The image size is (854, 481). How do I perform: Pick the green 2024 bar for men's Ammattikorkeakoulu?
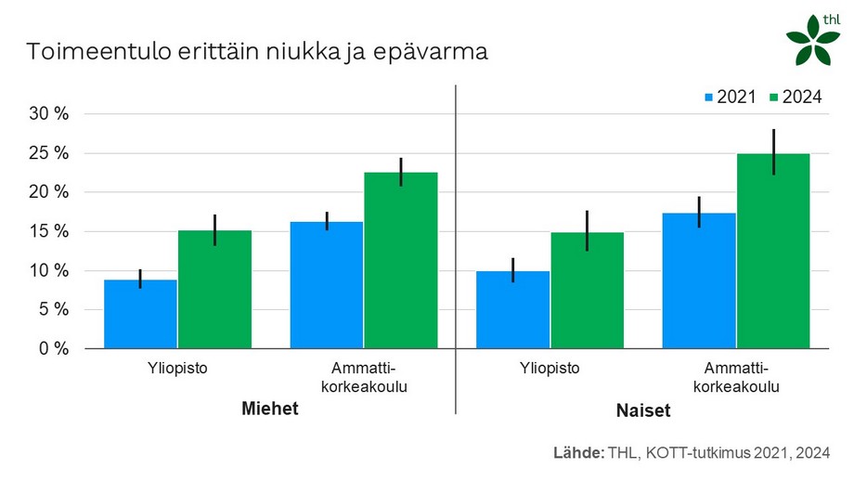[x=400, y=260]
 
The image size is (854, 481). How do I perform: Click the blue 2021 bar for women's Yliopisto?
[x=512, y=310]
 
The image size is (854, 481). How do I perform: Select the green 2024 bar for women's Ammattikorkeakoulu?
[x=772, y=251]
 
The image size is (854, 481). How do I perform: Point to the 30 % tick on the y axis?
[x=50, y=114]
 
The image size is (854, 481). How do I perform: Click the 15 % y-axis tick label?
[x=50, y=232]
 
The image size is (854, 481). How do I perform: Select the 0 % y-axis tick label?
[x=54, y=349]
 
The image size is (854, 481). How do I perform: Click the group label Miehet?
[x=270, y=409]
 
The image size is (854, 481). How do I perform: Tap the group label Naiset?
[x=642, y=409]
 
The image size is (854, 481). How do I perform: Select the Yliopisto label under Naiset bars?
[x=550, y=368]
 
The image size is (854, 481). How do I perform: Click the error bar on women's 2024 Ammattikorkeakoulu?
[x=772, y=152]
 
